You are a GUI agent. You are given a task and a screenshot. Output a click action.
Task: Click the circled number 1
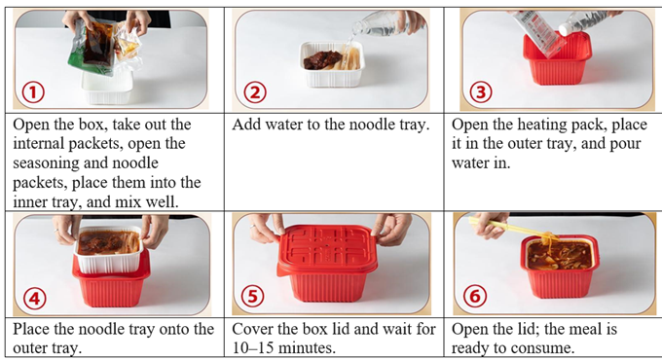(x=33, y=92)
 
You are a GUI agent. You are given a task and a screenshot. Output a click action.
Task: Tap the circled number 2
(x=255, y=92)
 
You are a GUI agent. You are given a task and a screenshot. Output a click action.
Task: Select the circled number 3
(x=481, y=92)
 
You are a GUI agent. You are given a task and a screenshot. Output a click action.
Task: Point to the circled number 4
(x=35, y=299)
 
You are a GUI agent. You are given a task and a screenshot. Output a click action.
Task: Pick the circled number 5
(x=252, y=297)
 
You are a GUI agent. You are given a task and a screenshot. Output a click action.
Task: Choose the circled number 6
(x=475, y=297)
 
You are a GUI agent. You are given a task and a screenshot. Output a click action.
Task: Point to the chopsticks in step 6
(x=512, y=227)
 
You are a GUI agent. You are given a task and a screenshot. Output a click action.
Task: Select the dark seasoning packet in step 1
(x=98, y=45)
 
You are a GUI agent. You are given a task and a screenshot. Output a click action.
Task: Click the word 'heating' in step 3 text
(x=547, y=125)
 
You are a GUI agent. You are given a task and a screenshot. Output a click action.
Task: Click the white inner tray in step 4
(x=108, y=250)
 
